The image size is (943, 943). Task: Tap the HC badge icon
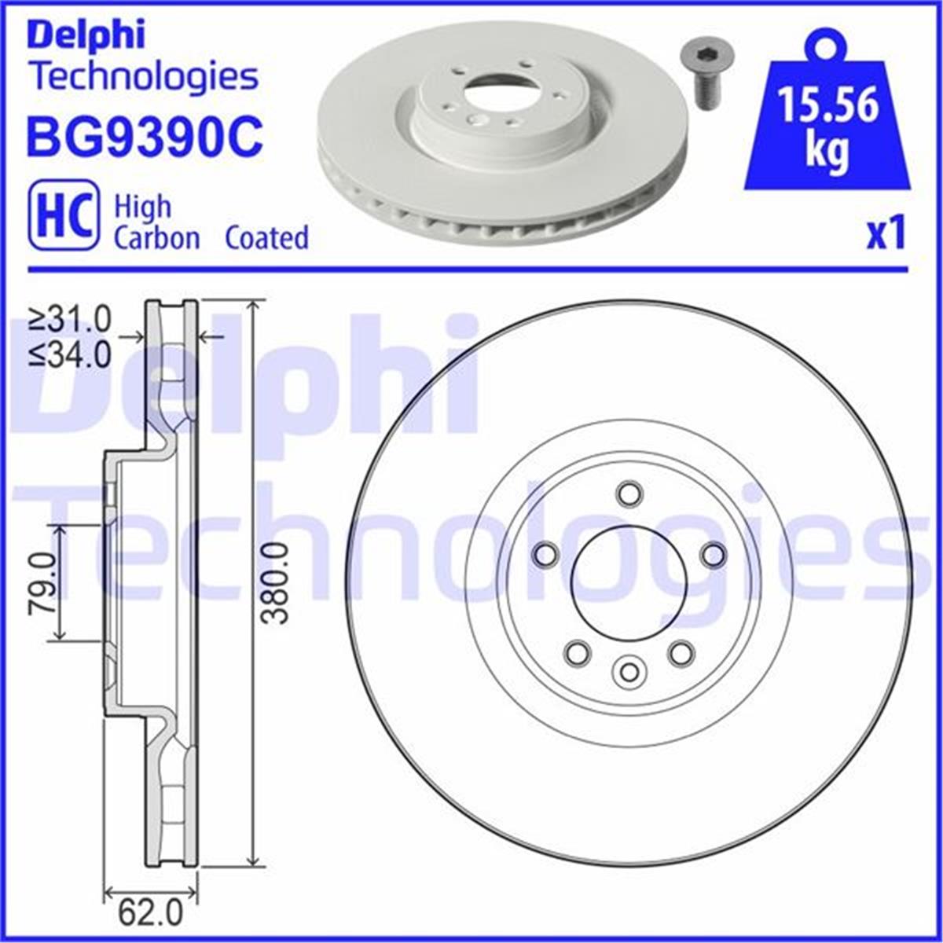[64, 215]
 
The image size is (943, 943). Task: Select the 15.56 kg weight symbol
[827, 118]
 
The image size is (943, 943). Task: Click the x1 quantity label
[886, 234]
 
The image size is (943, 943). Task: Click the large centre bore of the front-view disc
[629, 582]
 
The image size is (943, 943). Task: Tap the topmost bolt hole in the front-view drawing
[629, 494]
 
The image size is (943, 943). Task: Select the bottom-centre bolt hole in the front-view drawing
[629, 671]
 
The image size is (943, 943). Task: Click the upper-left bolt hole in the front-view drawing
[545, 555]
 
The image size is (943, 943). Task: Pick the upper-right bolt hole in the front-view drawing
[713, 555]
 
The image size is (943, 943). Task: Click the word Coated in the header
[266, 237]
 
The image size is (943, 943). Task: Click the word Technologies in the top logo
[143, 76]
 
